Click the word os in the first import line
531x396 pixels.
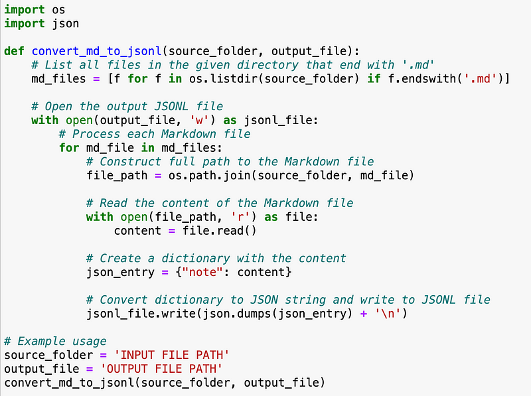(58, 10)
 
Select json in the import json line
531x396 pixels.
(65, 23)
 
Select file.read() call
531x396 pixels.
(219, 231)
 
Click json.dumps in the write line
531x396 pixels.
(232, 313)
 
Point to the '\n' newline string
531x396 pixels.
(388, 313)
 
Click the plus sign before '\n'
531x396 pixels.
(363, 313)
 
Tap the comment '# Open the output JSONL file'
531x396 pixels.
(127, 106)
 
